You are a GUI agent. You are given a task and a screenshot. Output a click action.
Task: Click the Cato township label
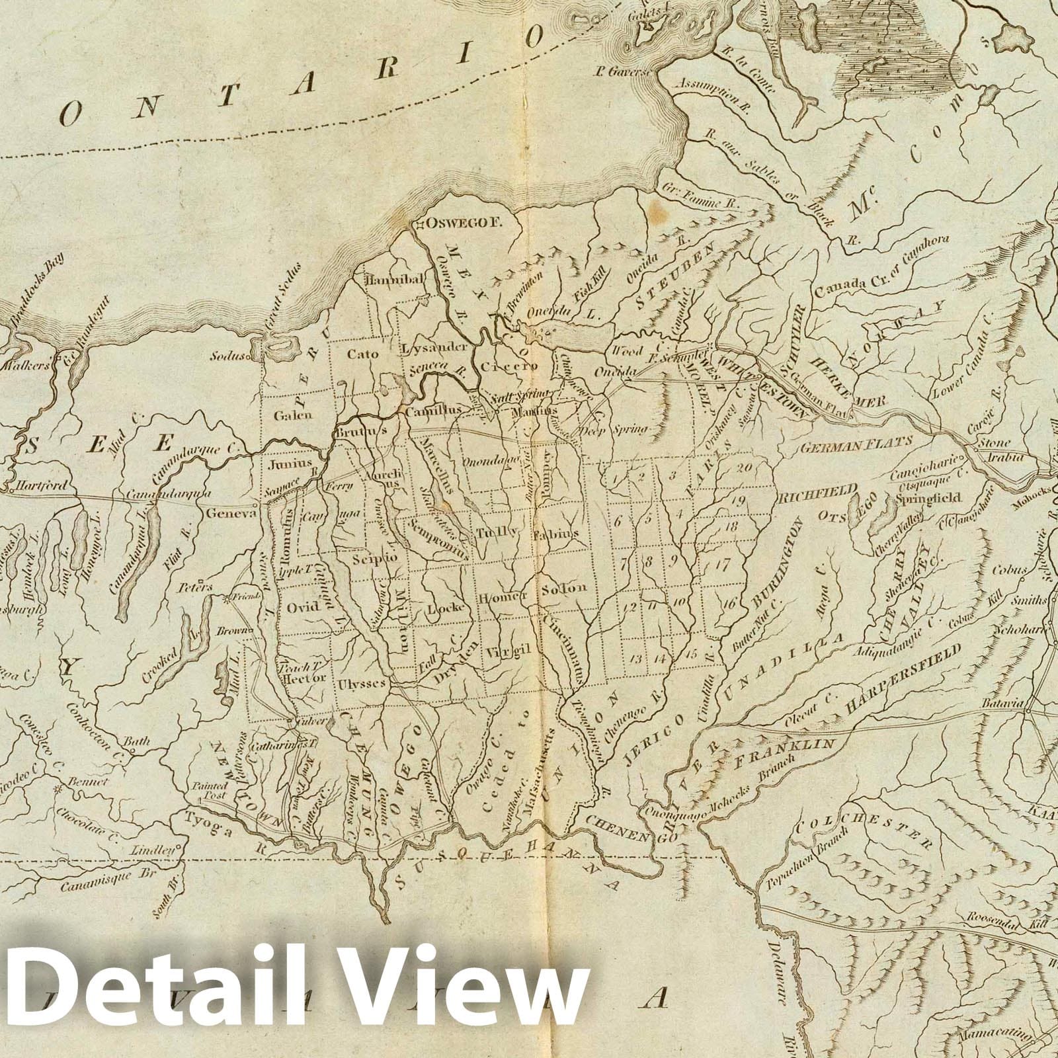(x=363, y=354)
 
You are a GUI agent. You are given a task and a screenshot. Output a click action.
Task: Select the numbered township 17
(x=721, y=565)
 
